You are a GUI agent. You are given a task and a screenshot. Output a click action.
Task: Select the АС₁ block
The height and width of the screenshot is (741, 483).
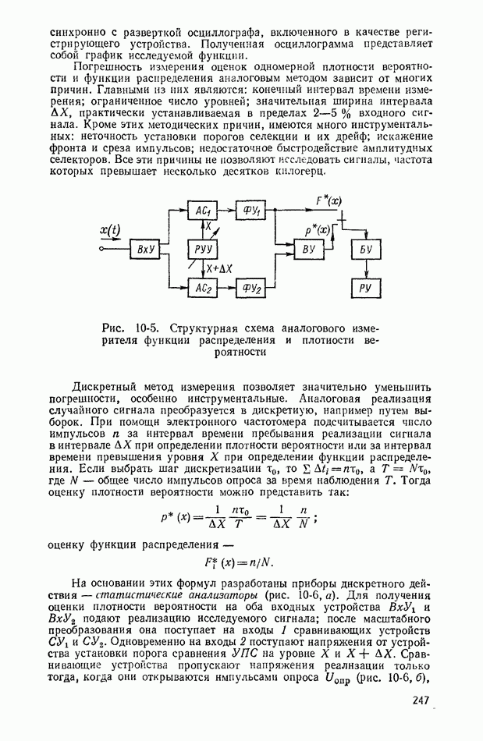[x=204, y=211]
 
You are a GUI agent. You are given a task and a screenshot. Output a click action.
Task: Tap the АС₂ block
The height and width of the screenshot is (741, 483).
[x=204, y=288]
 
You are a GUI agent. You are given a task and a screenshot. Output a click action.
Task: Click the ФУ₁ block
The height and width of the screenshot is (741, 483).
[x=251, y=211]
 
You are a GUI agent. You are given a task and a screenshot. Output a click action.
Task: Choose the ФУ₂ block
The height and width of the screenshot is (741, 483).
[x=251, y=288]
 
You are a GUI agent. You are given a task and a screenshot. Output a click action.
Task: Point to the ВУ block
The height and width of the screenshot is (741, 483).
[x=307, y=250]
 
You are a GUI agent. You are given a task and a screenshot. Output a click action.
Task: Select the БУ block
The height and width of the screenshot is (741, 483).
[x=365, y=250]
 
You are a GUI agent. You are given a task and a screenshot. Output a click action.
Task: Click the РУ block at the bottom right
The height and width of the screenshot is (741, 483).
[x=365, y=288]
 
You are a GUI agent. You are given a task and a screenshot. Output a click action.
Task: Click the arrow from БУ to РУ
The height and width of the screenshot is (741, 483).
[x=365, y=269]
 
